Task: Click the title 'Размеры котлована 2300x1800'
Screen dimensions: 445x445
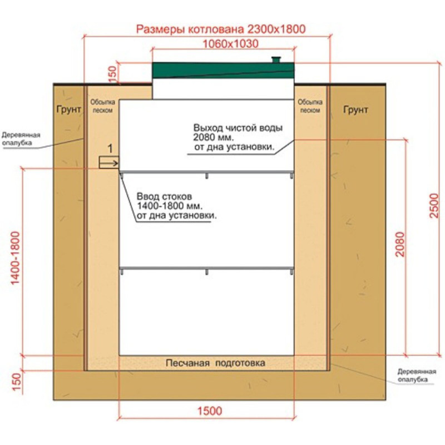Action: [221, 29]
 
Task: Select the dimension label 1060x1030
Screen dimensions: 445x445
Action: [230, 44]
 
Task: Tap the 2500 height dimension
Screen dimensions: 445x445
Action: [434, 205]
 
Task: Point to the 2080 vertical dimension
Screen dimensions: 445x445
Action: [400, 244]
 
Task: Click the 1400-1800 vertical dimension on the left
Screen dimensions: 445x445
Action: [15, 258]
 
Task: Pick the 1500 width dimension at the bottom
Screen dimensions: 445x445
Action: [210, 411]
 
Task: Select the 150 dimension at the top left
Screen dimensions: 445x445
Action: [113, 74]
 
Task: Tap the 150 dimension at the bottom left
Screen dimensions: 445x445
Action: [17, 382]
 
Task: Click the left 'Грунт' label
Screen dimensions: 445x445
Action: [68, 109]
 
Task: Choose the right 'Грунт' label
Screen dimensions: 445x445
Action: [355, 110]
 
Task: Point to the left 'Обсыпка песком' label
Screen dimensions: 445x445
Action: [103, 106]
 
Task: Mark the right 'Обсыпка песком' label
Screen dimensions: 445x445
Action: [310, 106]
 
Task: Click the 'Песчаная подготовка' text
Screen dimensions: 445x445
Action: [216, 363]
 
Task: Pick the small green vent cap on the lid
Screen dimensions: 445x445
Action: [276, 60]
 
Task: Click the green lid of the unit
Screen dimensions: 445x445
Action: [224, 71]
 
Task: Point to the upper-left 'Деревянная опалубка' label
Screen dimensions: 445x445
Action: [21, 139]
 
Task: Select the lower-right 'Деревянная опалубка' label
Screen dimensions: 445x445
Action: [417, 375]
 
